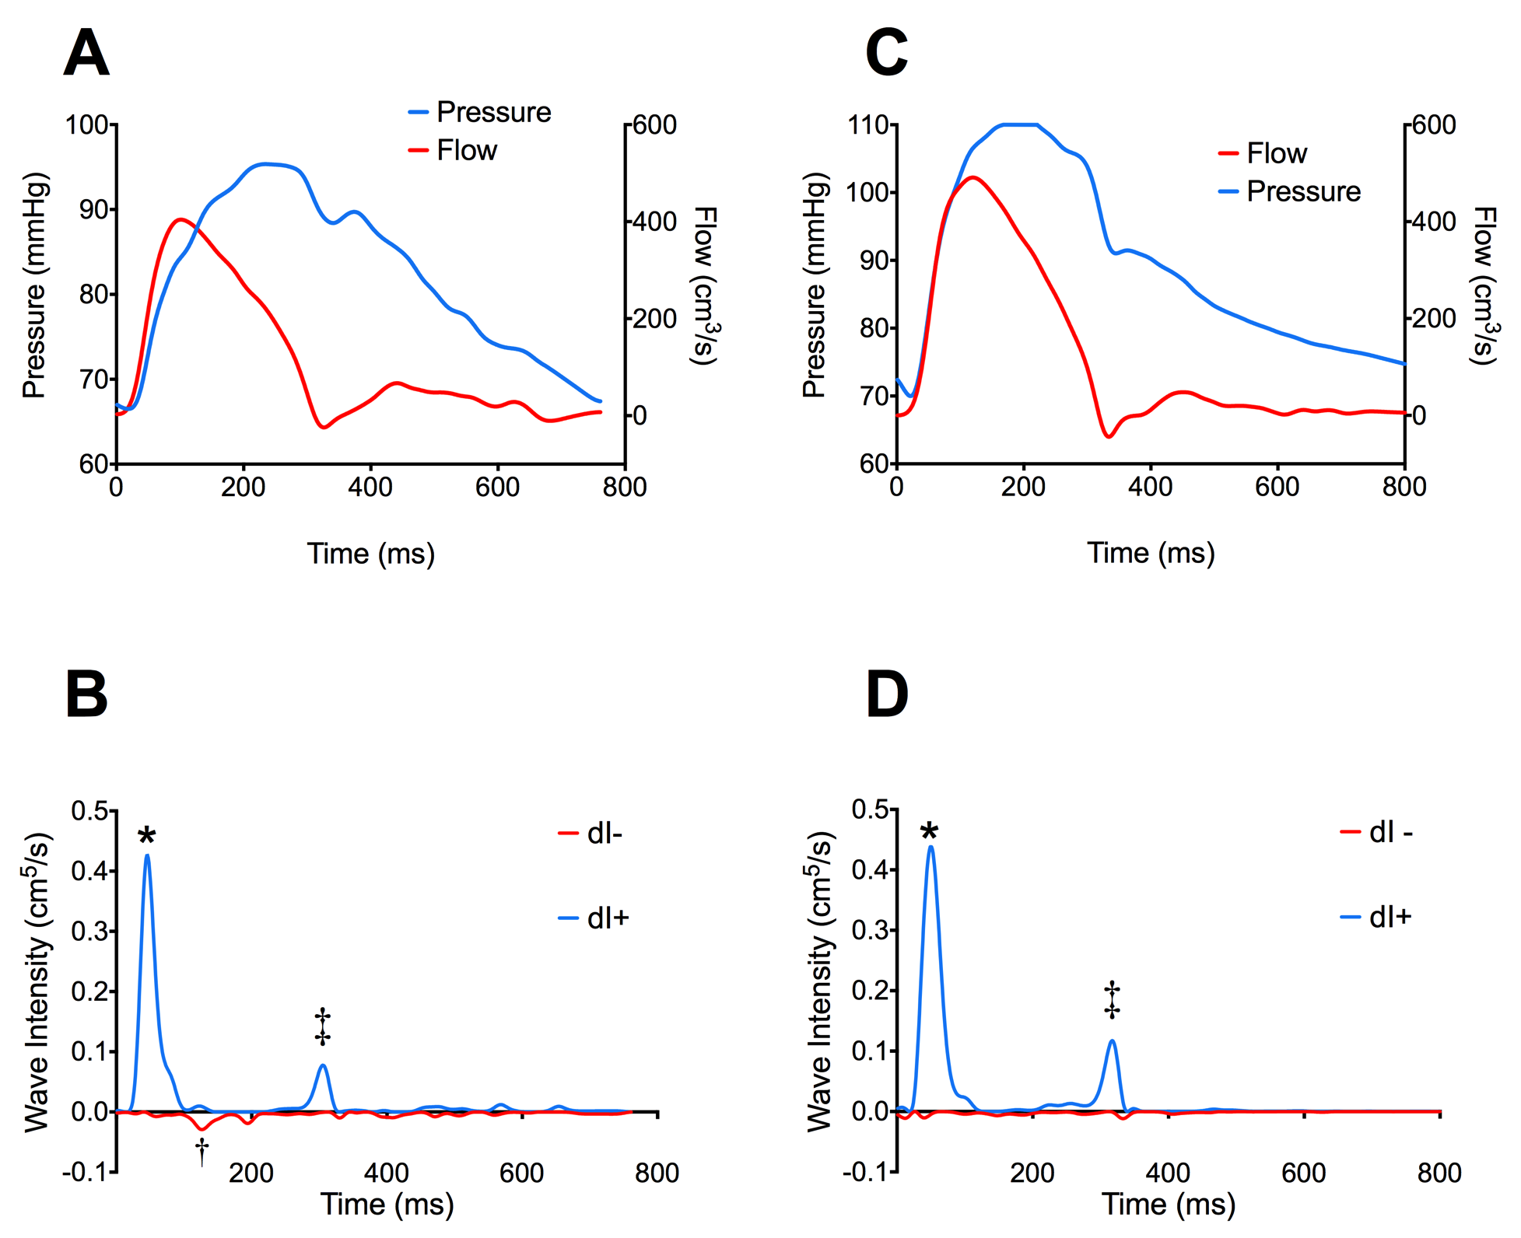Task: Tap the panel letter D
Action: point(886,694)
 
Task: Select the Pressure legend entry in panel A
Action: point(493,112)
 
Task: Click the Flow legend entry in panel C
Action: point(1276,153)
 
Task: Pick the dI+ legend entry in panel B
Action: point(608,918)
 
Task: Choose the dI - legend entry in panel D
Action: point(1390,833)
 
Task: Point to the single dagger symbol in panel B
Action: point(202,1151)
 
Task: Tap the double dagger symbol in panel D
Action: point(1113,1000)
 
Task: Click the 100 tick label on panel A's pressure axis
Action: point(86,125)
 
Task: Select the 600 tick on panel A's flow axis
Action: point(654,125)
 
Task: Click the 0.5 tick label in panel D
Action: point(871,810)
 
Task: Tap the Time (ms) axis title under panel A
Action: point(370,554)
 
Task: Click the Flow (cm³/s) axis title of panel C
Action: point(1484,285)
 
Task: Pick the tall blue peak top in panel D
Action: point(930,847)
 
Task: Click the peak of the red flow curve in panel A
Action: point(180,219)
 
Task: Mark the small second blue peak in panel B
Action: point(323,1065)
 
